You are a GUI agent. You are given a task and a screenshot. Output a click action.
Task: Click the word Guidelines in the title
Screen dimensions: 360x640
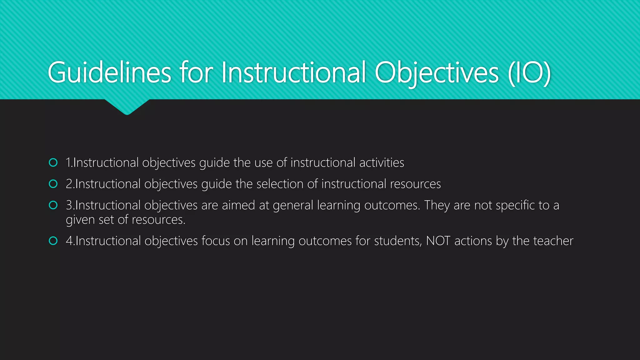109,72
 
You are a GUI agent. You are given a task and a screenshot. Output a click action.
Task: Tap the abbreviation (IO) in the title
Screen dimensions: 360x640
529,72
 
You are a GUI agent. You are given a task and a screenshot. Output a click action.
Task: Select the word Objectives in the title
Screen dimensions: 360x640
436,72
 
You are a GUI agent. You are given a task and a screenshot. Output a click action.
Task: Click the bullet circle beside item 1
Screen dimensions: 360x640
53,162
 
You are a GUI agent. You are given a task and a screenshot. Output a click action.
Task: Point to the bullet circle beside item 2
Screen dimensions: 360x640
53,184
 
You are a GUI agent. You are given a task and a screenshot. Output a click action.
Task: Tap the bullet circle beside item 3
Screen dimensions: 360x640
53,205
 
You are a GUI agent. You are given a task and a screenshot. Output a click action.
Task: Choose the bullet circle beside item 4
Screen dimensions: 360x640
53,241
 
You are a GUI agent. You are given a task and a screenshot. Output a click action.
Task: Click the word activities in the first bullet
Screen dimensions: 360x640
382,163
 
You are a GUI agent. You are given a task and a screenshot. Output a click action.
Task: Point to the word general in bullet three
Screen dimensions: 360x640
293,205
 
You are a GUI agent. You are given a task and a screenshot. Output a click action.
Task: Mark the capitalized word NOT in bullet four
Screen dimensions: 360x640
438,241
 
